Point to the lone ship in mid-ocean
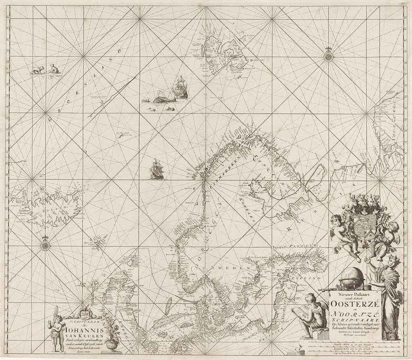156,169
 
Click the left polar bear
38,70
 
